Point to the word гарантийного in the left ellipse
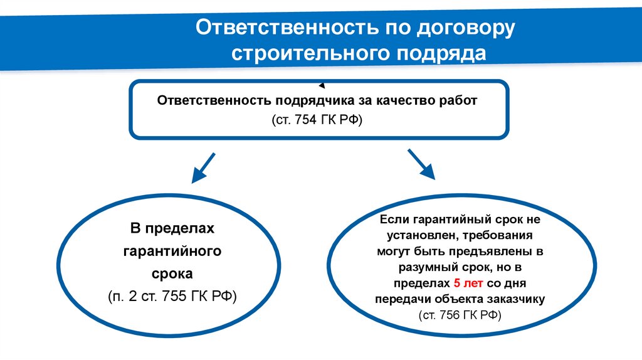pos(172,251)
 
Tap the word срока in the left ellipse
pos(172,273)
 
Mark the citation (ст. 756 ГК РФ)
pos(460,314)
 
